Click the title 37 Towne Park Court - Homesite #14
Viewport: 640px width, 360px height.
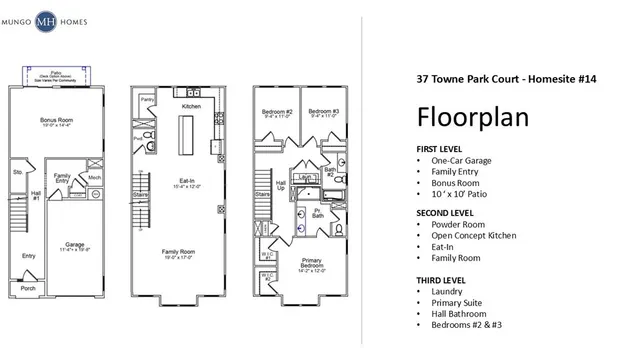click(x=506, y=78)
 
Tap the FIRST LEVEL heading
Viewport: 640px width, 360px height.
click(x=440, y=149)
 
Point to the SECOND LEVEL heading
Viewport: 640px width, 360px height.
click(x=444, y=214)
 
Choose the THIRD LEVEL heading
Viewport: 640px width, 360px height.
click(x=441, y=279)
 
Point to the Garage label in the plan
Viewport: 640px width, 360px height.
click(x=73, y=243)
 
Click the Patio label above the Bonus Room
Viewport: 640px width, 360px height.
click(x=59, y=73)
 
